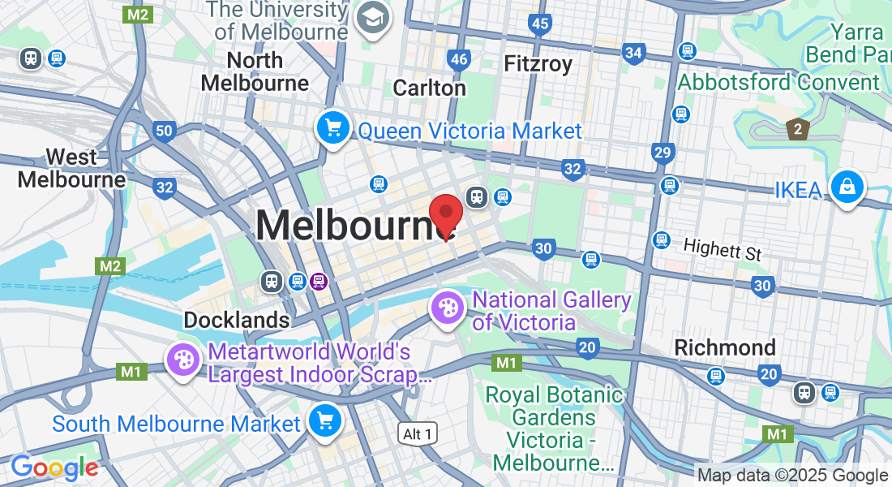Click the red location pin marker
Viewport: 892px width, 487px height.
tap(445, 213)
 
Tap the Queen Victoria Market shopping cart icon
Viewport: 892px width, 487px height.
tap(332, 127)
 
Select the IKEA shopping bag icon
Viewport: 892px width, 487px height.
tap(847, 186)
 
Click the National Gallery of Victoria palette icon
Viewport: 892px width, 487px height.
tap(447, 307)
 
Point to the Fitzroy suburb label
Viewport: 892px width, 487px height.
tap(538, 63)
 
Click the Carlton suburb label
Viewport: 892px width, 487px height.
tap(429, 88)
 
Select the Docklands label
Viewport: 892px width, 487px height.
tap(237, 320)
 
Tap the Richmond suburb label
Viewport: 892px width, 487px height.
tap(725, 347)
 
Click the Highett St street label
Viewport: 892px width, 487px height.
tap(722, 248)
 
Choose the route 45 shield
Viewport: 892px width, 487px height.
tap(541, 24)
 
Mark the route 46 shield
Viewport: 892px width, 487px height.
tap(459, 59)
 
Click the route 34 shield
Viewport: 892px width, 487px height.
tap(634, 54)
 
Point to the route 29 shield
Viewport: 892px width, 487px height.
tap(663, 152)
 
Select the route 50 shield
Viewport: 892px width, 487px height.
tap(164, 131)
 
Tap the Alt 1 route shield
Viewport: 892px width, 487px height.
tap(418, 434)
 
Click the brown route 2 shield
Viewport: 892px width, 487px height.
tap(798, 128)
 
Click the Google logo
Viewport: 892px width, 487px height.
tap(54, 468)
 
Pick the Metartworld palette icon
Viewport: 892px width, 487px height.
tap(183, 360)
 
